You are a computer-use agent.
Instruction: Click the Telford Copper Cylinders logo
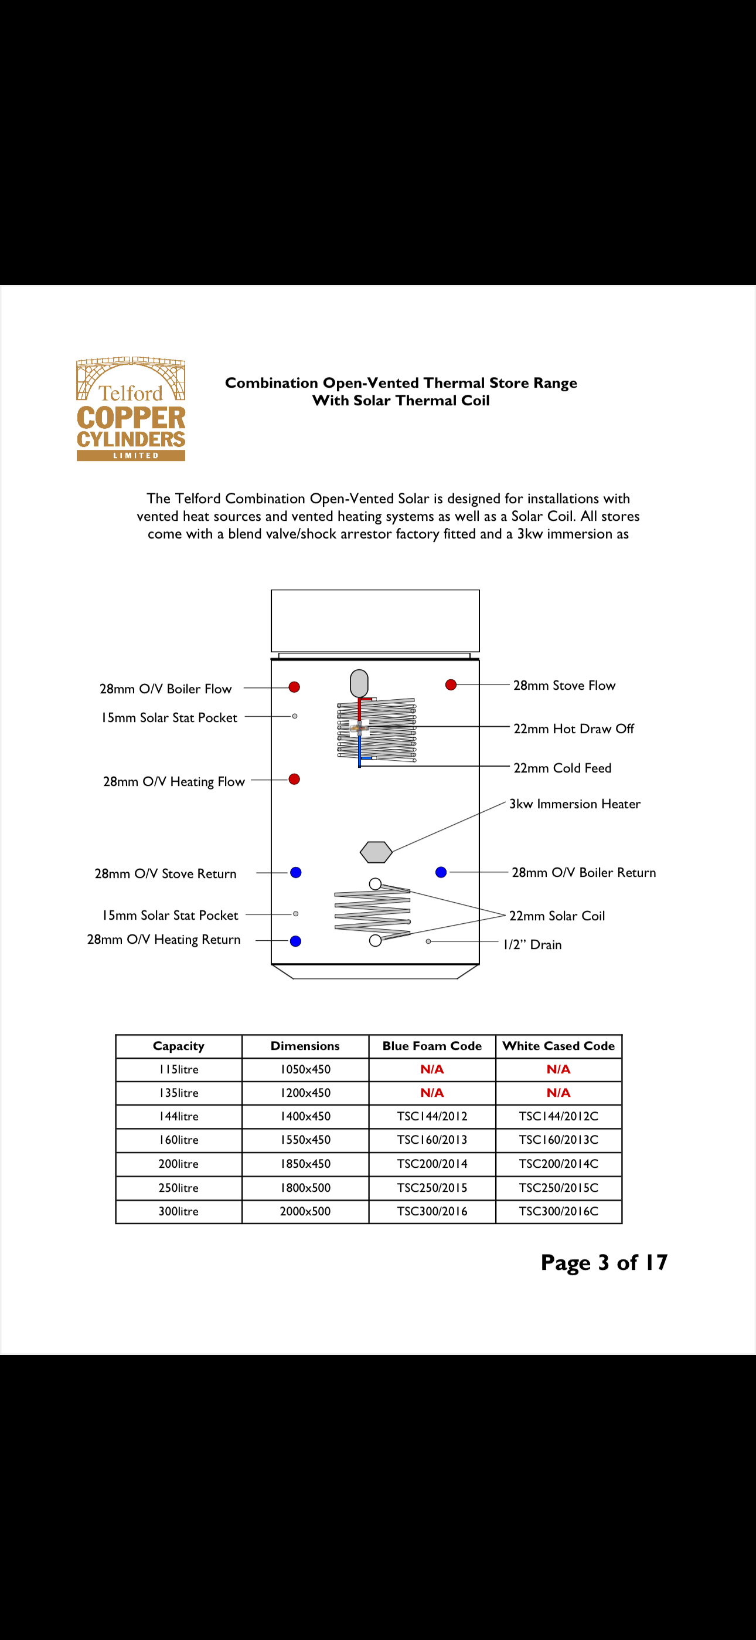coord(131,409)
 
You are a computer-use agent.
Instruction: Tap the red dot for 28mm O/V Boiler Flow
coord(294,687)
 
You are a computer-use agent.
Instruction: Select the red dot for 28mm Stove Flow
coord(451,685)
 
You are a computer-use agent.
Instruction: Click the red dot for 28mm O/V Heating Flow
coord(294,780)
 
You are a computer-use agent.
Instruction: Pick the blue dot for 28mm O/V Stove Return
coord(296,872)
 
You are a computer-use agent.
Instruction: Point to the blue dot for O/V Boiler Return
coord(441,872)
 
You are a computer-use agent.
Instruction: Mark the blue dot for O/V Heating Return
coord(296,941)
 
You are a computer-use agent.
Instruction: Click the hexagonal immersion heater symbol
coord(376,852)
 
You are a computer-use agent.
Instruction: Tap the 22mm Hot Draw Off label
coord(573,729)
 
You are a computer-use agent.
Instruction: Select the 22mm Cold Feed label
coord(562,768)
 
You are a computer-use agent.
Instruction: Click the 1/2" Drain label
coord(532,945)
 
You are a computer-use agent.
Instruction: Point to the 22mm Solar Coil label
coord(557,916)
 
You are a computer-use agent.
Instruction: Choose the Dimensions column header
coord(305,1046)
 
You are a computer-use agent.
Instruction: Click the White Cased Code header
coord(558,1046)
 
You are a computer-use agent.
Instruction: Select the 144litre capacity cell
coord(179,1117)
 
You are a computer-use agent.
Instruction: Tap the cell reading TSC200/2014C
coord(558,1164)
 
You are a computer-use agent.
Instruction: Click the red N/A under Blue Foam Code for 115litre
coord(432,1069)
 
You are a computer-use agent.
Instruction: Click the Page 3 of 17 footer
coord(604,1262)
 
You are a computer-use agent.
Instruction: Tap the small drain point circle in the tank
coord(428,941)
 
